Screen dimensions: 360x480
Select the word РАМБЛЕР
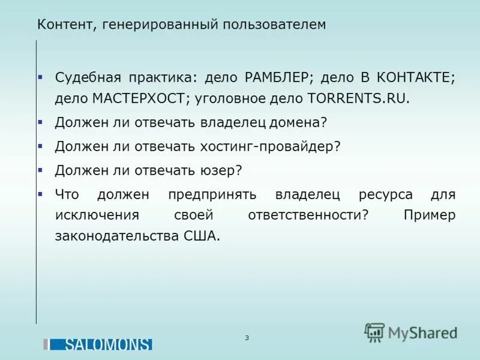(x=277, y=78)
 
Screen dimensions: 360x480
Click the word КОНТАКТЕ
(x=415, y=78)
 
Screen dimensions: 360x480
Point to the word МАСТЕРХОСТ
(x=141, y=98)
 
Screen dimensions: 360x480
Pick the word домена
(x=295, y=122)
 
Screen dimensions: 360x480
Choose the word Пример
(x=430, y=215)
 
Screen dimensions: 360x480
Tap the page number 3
(x=247, y=338)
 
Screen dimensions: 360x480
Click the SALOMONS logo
(x=100, y=344)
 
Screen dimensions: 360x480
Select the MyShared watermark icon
(x=375, y=332)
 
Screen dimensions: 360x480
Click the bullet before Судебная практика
(x=40, y=78)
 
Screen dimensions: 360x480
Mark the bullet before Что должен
(x=40, y=194)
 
